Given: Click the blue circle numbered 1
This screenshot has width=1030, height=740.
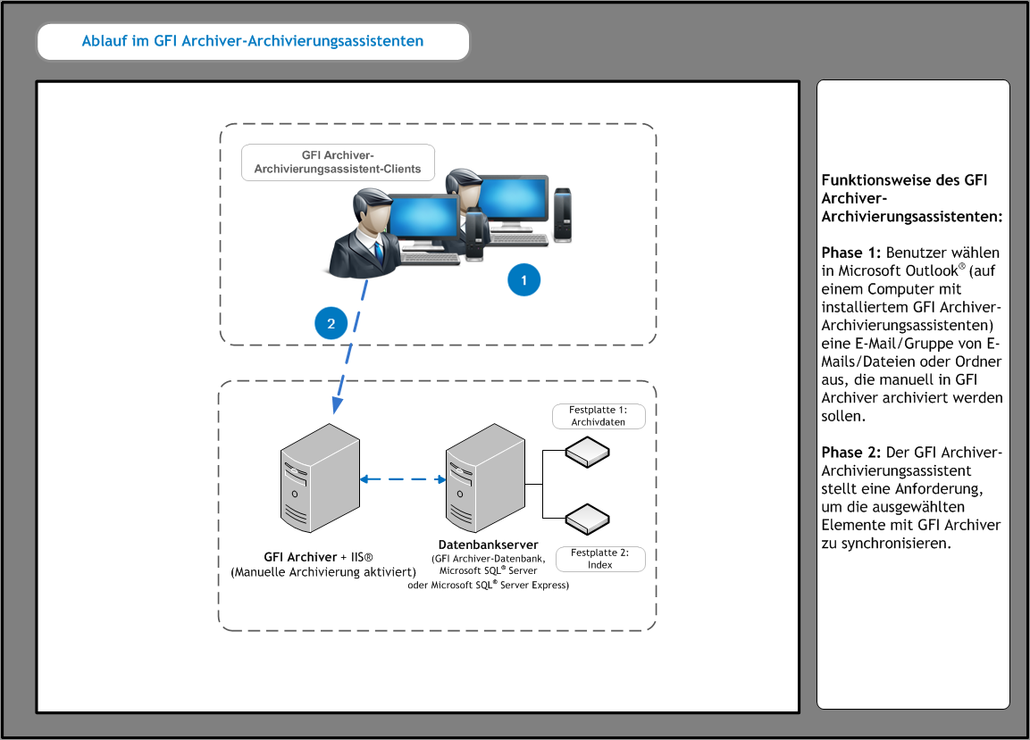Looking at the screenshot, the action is [x=523, y=279].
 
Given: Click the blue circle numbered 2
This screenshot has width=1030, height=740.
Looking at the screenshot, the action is [x=331, y=323].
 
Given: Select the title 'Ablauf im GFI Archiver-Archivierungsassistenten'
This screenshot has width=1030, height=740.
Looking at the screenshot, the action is [x=253, y=41].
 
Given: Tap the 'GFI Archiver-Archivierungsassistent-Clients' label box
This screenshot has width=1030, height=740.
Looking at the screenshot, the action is [x=338, y=162].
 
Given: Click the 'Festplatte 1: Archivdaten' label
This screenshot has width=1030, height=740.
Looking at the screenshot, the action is [x=599, y=416].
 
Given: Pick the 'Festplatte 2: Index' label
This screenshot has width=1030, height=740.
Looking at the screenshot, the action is [x=600, y=559].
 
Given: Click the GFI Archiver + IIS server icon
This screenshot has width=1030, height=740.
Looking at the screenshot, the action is [x=320, y=478].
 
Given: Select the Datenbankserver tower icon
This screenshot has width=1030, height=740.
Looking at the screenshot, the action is [x=485, y=478].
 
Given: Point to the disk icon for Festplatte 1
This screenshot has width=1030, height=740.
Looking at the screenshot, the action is [x=587, y=453].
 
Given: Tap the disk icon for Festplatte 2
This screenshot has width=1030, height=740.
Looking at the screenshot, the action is [x=587, y=519].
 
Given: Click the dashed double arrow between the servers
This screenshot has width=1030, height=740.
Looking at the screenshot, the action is [x=403, y=479].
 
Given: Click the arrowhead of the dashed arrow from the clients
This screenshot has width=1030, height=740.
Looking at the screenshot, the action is [x=337, y=405].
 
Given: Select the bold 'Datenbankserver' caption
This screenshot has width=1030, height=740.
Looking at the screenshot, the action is [x=488, y=545].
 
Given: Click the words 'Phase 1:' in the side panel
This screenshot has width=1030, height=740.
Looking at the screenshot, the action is [x=850, y=253].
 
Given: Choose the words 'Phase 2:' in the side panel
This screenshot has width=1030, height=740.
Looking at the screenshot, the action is [x=850, y=453].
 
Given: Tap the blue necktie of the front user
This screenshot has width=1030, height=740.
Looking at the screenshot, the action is [x=379, y=252].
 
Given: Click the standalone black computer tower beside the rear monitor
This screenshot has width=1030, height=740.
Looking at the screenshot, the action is [x=562, y=215].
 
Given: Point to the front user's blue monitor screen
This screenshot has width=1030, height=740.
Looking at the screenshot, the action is [x=423, y=217].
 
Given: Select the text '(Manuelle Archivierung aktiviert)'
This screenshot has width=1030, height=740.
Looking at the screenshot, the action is [x=323, y=572].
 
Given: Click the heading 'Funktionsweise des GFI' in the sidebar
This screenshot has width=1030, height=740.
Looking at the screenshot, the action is [x=904, y=180].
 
